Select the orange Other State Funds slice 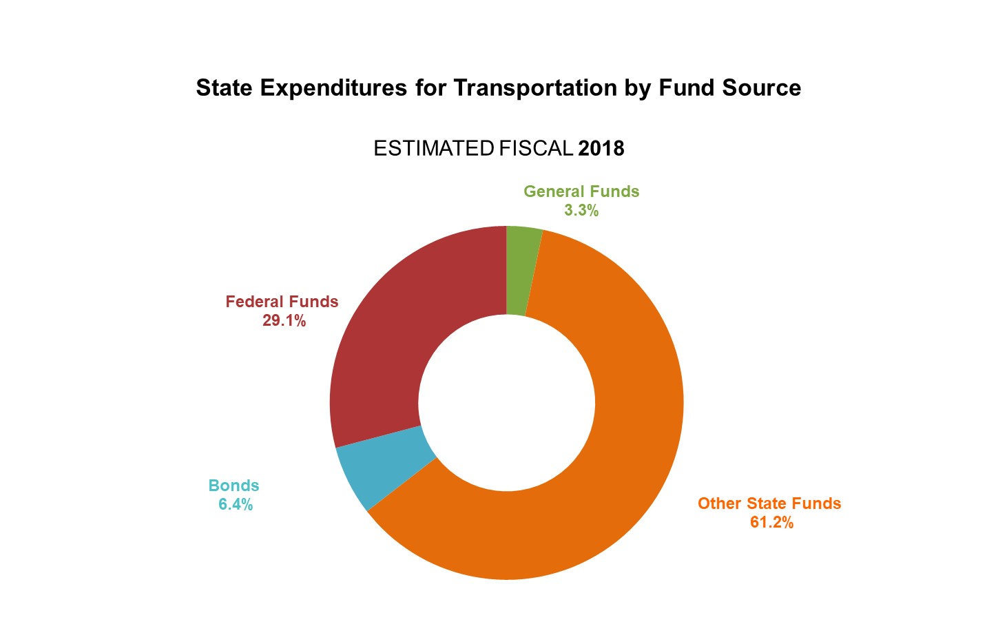(620, 448)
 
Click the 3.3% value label (581, 211)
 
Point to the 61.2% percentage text (771, 523)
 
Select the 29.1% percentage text (284, 321)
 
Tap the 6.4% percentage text (236, 505)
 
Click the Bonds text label (233, 486)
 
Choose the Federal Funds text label (282, 302)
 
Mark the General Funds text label (581, 191)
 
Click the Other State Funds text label (769, 503)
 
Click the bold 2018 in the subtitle (601, 149)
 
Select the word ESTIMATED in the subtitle (433, 149)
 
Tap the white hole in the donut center (506, 403)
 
